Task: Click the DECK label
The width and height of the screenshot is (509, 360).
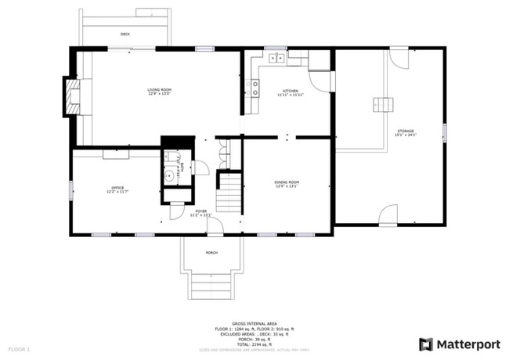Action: (x=125, y=34)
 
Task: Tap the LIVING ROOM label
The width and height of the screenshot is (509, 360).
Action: (x=159, y=91)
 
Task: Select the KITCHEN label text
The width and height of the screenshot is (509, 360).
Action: (x=291, y=92)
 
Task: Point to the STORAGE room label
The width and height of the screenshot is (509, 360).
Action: (x=405, y=131)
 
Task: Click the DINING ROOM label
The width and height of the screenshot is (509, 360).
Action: (x=287, y=182)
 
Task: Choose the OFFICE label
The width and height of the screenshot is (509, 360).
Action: (x=117, y=187)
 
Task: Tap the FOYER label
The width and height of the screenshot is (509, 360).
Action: (x=200, y=211)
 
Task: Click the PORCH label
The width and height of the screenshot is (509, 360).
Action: (x=211, y=253)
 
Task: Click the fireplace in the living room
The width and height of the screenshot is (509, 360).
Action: (x=71, y=96)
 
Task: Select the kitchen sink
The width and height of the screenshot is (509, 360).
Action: (x=276, y=57)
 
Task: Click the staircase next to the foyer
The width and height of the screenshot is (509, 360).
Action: (x=229, y=193)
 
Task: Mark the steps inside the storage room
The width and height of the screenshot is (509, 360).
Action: (x=383, y=104)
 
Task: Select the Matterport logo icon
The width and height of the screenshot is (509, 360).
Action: (x=425, y=344)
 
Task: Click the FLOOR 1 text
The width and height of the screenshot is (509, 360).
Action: (x=19, y=347)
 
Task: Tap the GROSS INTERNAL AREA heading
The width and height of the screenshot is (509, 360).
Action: (x=254, y=322)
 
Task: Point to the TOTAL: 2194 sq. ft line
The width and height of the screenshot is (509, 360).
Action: (x=254, y=344)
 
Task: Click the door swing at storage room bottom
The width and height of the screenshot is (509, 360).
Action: (x=388, y=216)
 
